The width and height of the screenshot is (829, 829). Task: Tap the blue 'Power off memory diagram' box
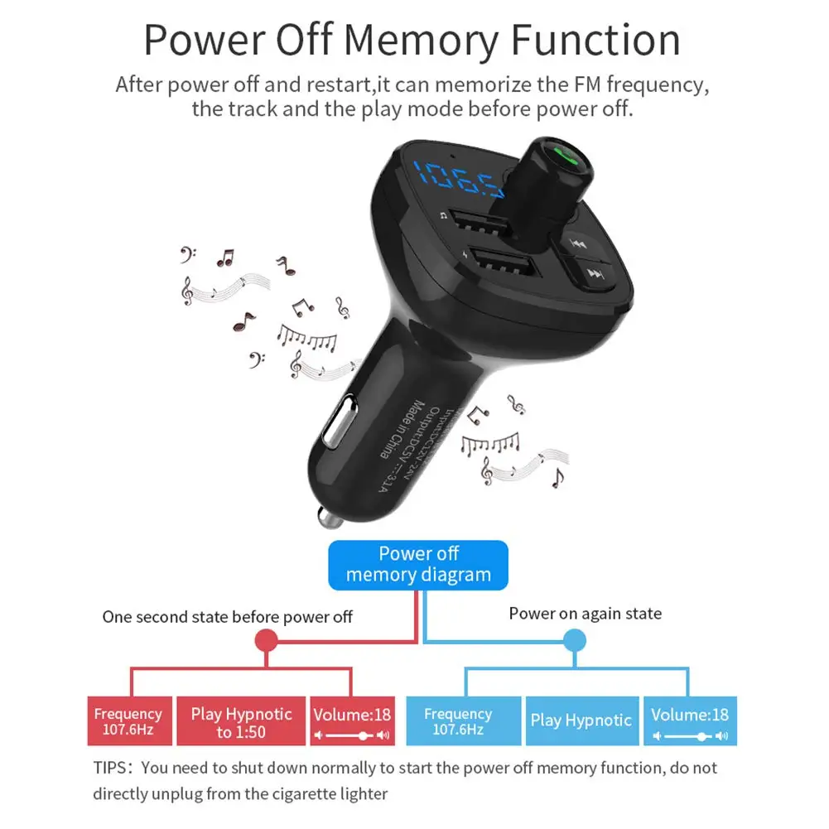click(x=418, y=565)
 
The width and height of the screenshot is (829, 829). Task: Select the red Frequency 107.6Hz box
click(x=128, y=721)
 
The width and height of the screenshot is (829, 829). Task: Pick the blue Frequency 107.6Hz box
click(x=458, y=721)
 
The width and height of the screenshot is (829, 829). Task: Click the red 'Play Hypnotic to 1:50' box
click(x=241, y=721)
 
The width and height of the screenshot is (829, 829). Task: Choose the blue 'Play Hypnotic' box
click(x=581, y=721)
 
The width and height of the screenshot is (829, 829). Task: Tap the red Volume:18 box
click(x=352, y=721)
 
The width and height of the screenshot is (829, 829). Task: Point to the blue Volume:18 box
click(x=689, y=721)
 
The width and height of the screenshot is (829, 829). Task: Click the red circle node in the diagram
click(x=266, y=640)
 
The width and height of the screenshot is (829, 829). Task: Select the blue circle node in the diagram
click(x=575, y=640)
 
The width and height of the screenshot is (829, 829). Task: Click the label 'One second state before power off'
click(x=227, y=617)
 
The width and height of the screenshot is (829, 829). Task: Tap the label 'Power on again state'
click(x=585, y=614)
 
